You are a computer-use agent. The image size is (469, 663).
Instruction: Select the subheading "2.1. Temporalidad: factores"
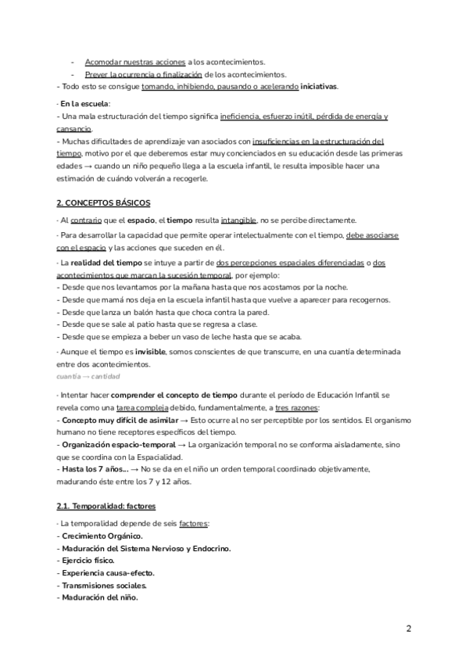pyautogui.click(x=106, y=506)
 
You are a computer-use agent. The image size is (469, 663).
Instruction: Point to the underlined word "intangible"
pyautogui.click(x=238, y=220)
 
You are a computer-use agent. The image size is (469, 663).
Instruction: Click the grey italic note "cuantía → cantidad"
pyautogui.click(x=88, y=377)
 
